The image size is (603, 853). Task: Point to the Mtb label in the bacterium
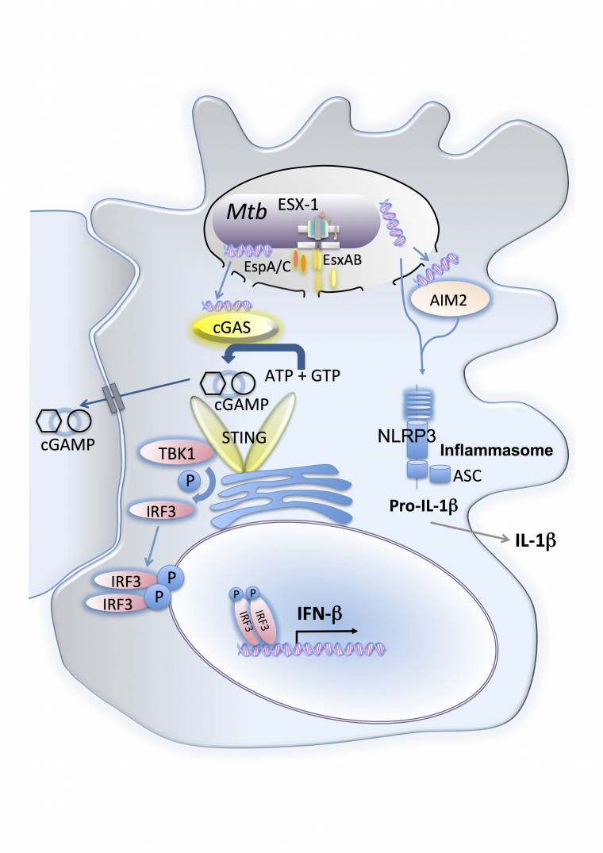pyautogui.click(x=246, y=213)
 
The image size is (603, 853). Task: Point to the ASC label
pyautogui.click(x=469, y=478)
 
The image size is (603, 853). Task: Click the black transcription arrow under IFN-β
pyautogui.click(x=325, y=631)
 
